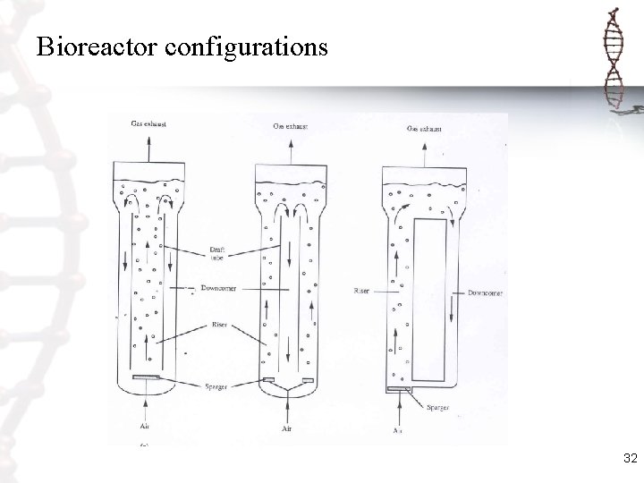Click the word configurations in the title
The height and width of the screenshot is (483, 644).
tap(247, 47)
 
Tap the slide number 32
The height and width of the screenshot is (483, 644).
tap(630, 459)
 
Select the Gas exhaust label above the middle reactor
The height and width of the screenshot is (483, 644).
tap(290, 126)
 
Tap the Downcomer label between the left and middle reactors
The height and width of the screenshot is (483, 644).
tap(218, 288)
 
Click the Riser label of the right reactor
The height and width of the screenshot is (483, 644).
tap(362, 291)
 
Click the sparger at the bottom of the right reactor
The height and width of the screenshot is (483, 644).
tap(399, 389)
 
